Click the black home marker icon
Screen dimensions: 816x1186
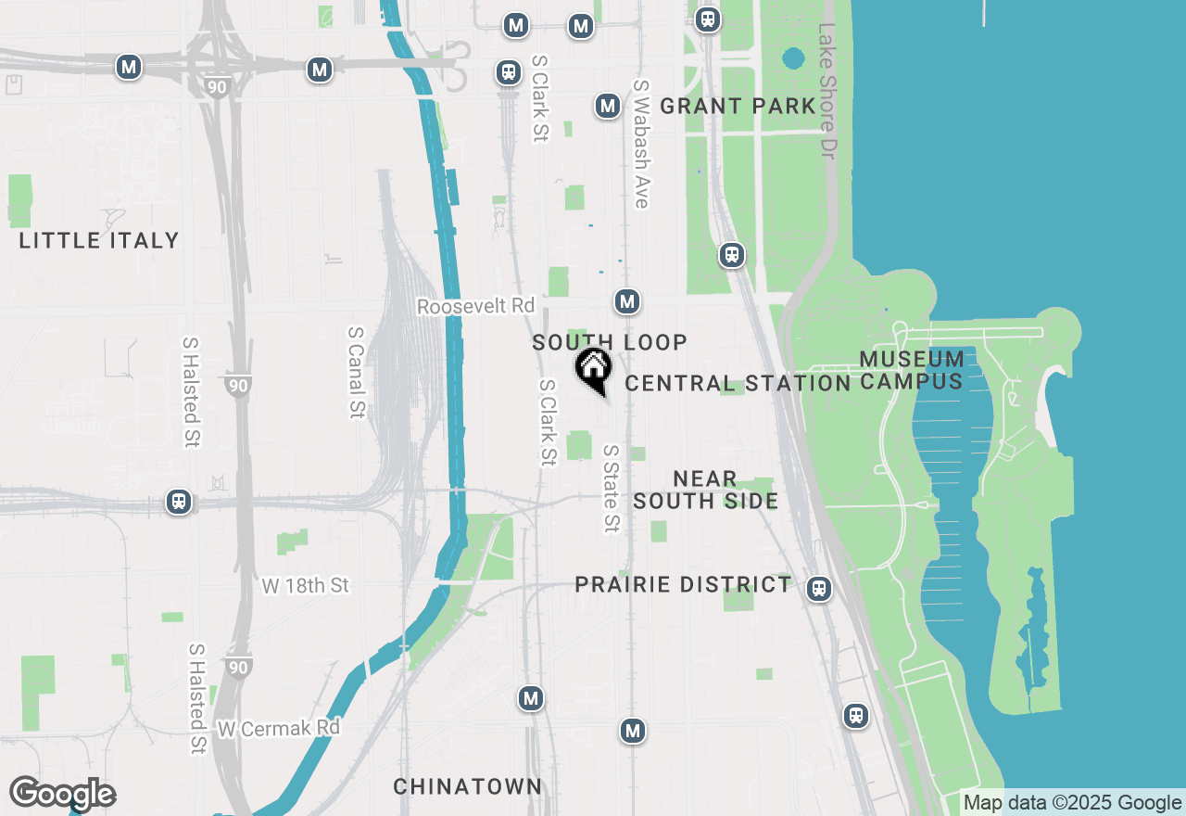tap(593, 369)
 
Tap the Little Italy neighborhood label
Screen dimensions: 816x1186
tap(99, 241)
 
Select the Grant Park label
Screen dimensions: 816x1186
tap(738, 107)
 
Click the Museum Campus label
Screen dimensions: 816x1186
tap(912, 370)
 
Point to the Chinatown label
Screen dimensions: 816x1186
tap(468, 787)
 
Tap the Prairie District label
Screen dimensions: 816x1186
tap(683, 585)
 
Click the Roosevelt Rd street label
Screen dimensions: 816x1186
tap(475, 306)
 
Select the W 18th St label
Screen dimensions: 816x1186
tap(306, 586)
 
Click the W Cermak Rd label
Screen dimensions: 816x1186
tap(278, 729)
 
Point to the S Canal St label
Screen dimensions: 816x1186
tap(356, 372)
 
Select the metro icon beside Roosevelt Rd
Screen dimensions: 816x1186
tap(627, 301)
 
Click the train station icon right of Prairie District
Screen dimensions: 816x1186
tap(817, 589)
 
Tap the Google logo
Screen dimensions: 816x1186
tap(62, 794)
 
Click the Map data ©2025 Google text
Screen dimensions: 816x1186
tap(1072, 803)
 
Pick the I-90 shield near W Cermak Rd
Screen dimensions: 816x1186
tap(239, 666)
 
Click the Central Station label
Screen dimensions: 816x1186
tap(738, 384)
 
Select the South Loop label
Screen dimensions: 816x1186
tap(610, 343)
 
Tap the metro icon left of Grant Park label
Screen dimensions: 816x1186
tap(607, 107)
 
